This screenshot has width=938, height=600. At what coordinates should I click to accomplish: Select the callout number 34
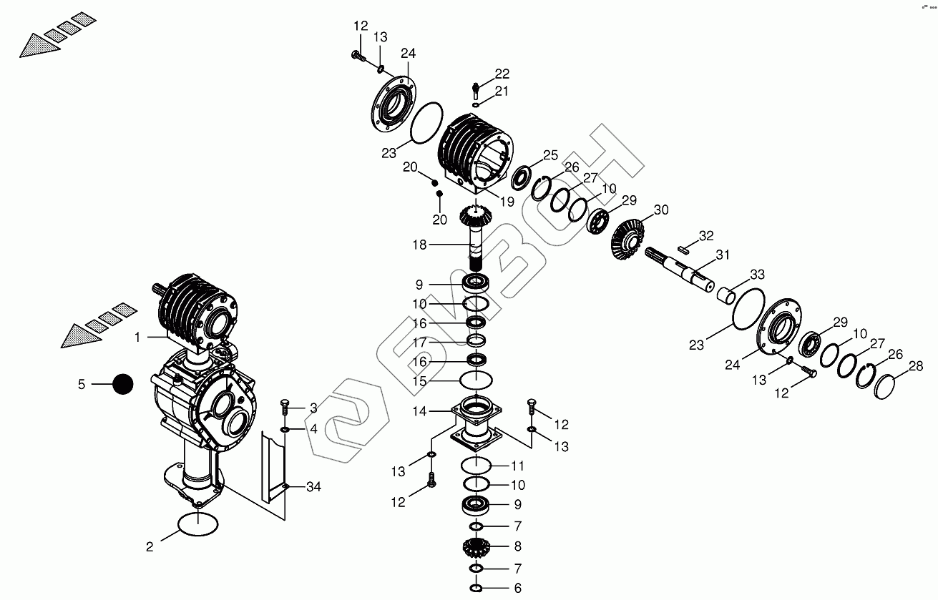pos(313,487)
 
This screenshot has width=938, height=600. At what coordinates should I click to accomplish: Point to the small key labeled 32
pos(685,249)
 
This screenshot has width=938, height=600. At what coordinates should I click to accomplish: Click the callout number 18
pos(419,245)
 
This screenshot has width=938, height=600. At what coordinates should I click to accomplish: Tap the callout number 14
pos(419,411)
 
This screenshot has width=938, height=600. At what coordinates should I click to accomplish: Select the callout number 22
pos(502,74)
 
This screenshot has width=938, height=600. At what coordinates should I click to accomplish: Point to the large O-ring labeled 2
pos(196,524)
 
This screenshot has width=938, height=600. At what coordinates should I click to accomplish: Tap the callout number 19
pos(507,202)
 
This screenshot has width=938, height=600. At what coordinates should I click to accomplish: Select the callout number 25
pos(549,155)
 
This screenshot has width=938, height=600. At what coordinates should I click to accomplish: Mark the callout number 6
pos(517,588)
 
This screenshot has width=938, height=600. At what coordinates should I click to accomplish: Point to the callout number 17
pos(419,342)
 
